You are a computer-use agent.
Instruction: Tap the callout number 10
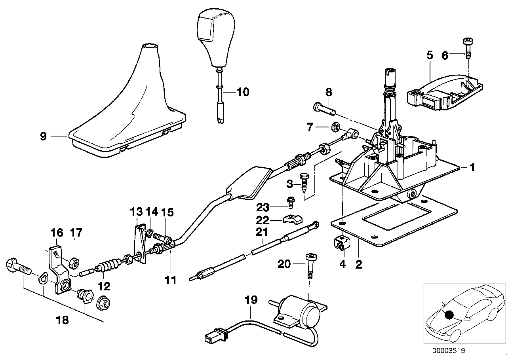[x=243, y=93]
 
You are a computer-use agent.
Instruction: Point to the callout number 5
[x=430, y=56]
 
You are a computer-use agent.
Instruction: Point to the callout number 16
[x=57, y=232]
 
